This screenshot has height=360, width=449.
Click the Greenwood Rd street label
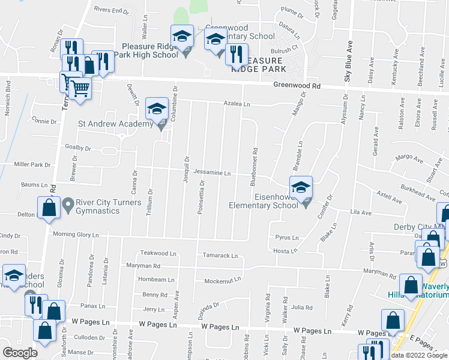[x=297, y=86]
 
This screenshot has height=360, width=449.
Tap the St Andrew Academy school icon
[x=157, y=109]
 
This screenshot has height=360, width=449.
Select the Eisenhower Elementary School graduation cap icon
[x=301, y=187]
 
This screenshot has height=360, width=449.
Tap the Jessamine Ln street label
[x=215, y=173]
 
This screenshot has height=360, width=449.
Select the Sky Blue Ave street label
[x=346, y=61]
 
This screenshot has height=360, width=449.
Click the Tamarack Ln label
[x=220, y=256]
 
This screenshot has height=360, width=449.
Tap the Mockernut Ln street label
[x=222, y=280]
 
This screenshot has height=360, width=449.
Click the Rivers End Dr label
[x=112, y=10]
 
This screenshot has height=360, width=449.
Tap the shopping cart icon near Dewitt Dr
[x=80, y=89]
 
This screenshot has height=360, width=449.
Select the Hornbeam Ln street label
[x=156, y=280]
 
